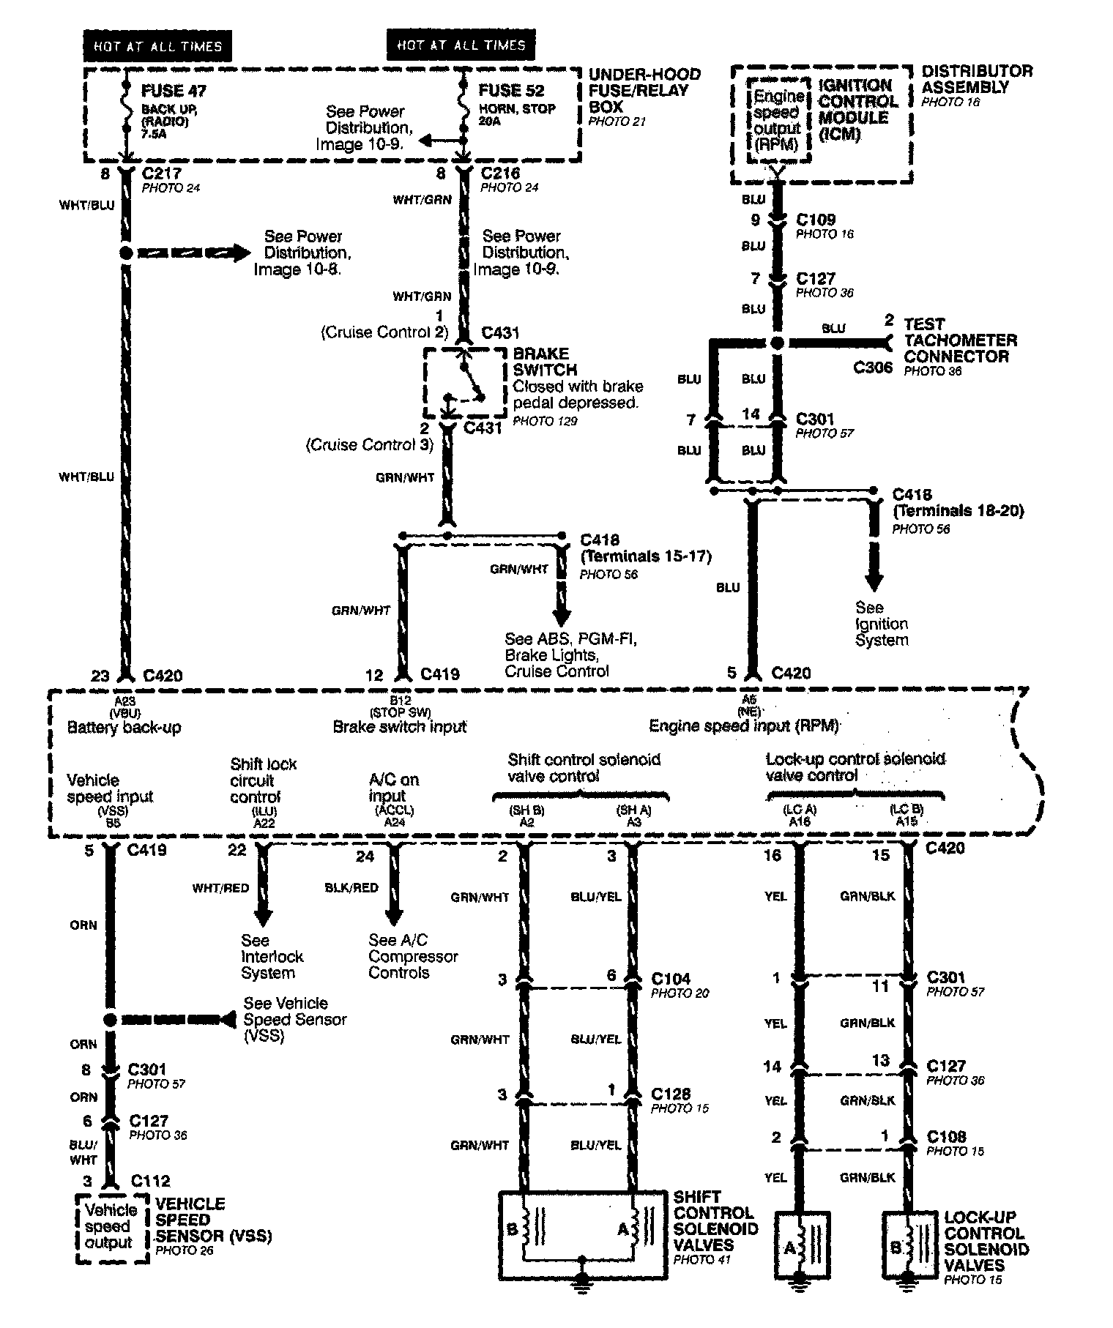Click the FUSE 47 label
coord(174,91)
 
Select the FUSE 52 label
coord(511,91)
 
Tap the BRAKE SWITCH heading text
coord(545,362)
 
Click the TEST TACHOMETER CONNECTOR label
coord(960,340)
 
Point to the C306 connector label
coord(873,368)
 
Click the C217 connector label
coord(162,174)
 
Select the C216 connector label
coord(500,174)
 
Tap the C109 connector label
coord(816,220)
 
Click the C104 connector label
coord(671,979)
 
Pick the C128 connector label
coord(671,1094)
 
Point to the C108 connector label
coord(946,1137)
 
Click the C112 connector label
coord(150,1181)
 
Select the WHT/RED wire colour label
coord(220,888)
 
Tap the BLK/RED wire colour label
coord(351,888)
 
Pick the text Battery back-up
coord(124,728)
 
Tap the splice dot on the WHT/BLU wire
coord(125,253)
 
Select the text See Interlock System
coord(272,956)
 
